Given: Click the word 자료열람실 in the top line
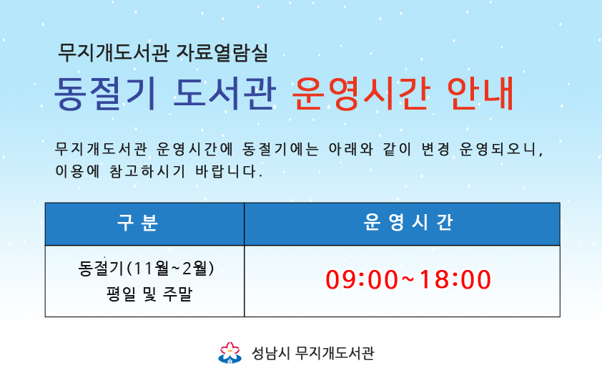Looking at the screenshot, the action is [222, 53].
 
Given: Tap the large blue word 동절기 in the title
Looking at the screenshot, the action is [105, 94].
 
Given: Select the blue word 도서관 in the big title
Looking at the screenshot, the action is [224, 93].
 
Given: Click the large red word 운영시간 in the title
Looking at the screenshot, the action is [360, 93].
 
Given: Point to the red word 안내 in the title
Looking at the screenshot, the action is [480, 93].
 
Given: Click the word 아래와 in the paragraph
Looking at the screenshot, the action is [350, 149].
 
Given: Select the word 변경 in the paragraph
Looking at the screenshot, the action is [435, 149].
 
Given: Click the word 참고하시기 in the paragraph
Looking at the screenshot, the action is [147, 170].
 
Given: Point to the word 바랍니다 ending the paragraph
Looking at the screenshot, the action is [229, 170].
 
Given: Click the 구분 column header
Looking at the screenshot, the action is [137, 223].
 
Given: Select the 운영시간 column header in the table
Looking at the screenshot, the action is [408, 223].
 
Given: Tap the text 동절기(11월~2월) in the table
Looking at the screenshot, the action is [146, 269].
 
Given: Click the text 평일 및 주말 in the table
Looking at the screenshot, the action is [149, 294].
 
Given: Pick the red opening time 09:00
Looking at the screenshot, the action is [362, 279].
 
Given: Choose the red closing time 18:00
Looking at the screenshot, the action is [455, 279].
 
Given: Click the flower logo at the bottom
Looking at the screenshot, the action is [230, 352].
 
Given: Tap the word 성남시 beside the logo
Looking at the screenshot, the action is [270, 353].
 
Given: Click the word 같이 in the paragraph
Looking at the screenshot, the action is [397, 149].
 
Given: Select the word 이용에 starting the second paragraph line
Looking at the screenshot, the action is [77, 170].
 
